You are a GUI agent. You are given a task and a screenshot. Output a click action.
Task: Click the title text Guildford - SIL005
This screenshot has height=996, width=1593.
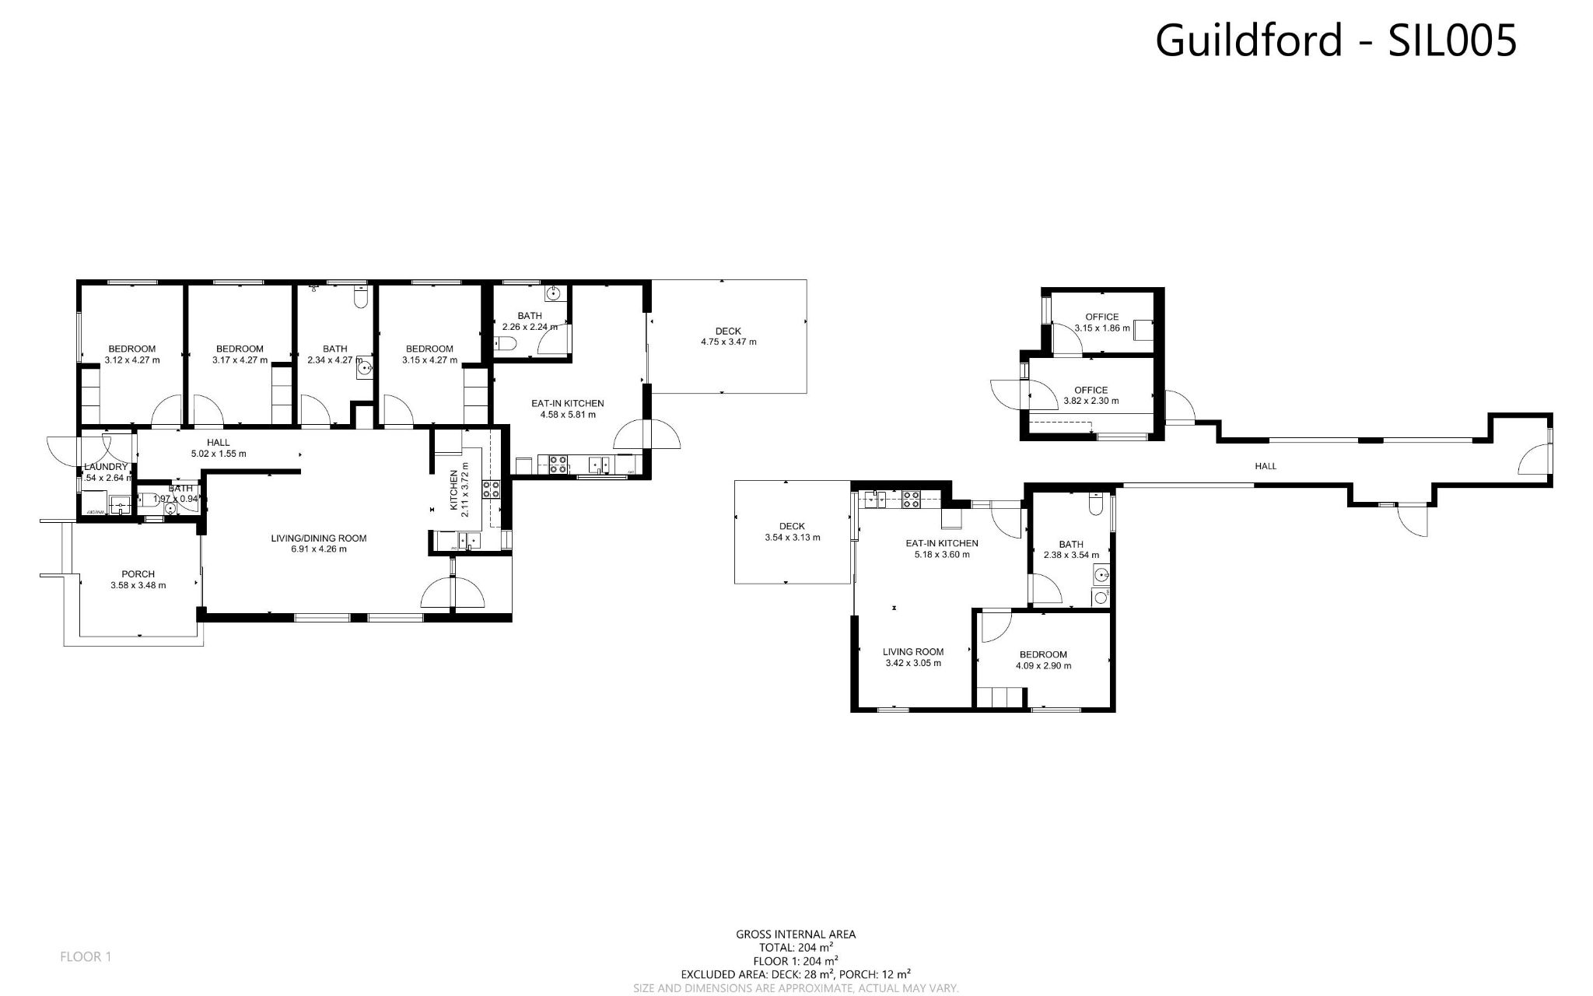(1335, 40)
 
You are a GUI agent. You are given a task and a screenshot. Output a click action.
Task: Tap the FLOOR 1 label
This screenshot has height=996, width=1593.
(86, 956)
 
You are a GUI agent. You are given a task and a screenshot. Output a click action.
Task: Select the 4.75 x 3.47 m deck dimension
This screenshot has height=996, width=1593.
(728, 342)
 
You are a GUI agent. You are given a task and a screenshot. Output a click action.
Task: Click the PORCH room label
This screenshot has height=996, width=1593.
(138, 574)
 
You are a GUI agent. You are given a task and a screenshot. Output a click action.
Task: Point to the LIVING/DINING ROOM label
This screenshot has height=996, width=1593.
(318, 538)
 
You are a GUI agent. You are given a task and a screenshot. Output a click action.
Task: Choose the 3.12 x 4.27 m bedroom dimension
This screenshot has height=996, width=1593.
(131, 360)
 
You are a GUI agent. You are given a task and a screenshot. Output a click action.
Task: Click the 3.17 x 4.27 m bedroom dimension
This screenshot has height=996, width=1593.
(240, 360)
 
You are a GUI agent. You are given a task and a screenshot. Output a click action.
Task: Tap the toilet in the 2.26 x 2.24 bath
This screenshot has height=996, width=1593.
(507, 345)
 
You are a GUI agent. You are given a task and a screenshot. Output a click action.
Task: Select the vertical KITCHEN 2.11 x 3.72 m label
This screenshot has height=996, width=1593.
(460, 489)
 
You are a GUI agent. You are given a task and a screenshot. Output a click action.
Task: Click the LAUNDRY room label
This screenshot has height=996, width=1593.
(106, 467)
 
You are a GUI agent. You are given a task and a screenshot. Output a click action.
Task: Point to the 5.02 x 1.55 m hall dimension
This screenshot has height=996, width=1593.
(218, 454)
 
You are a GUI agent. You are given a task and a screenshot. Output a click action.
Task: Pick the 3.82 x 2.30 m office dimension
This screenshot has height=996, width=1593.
(1091, 402)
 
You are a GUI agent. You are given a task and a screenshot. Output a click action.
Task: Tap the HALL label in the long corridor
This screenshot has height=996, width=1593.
(1266, 466)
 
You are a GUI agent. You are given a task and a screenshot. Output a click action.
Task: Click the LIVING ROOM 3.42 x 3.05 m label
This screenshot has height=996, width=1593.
(913, 658)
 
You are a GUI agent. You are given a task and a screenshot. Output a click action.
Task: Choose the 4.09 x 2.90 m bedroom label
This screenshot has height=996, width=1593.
(1043, 660)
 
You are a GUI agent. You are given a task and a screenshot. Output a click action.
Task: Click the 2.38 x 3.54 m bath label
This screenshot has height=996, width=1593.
(1071, 549)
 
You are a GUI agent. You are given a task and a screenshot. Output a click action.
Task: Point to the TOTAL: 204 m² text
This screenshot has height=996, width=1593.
(796, 948)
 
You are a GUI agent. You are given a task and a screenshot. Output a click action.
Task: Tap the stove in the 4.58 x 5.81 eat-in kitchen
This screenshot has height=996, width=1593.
(558, 465)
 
